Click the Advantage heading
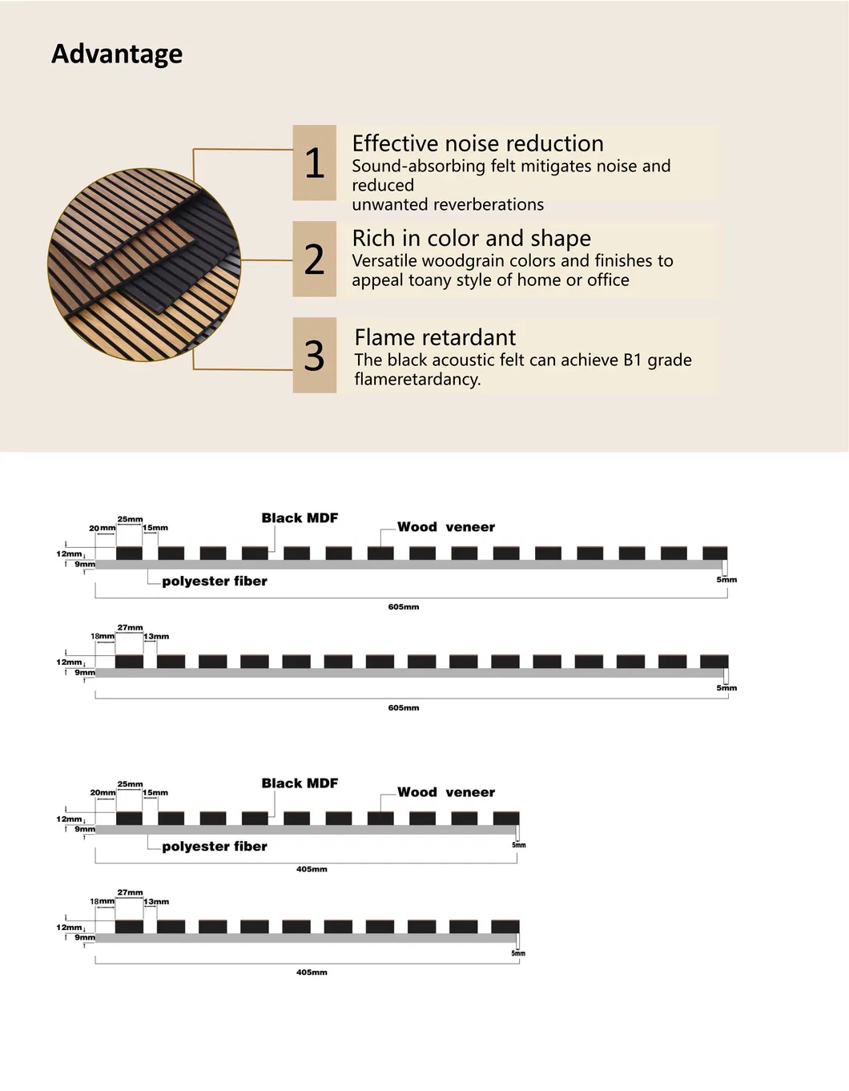click(117, 54)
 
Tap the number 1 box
click(314, 163)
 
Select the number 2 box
click(314, 259)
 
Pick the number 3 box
click(314, 355)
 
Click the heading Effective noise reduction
click(477, 143)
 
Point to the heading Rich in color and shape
click(471, 238)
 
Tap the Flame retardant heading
click(435, 337)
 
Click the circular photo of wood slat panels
click(144, 264)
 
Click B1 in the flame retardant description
click(632, 360)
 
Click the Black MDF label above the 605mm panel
click(300, 518)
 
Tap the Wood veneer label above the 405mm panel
click(446, 792)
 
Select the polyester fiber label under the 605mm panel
click(215, 582)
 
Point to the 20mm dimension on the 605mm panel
click(102, 528)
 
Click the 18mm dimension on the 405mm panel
click(102, 901)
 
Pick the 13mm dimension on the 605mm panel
click(156, 637)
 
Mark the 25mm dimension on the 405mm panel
click(130, 784)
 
